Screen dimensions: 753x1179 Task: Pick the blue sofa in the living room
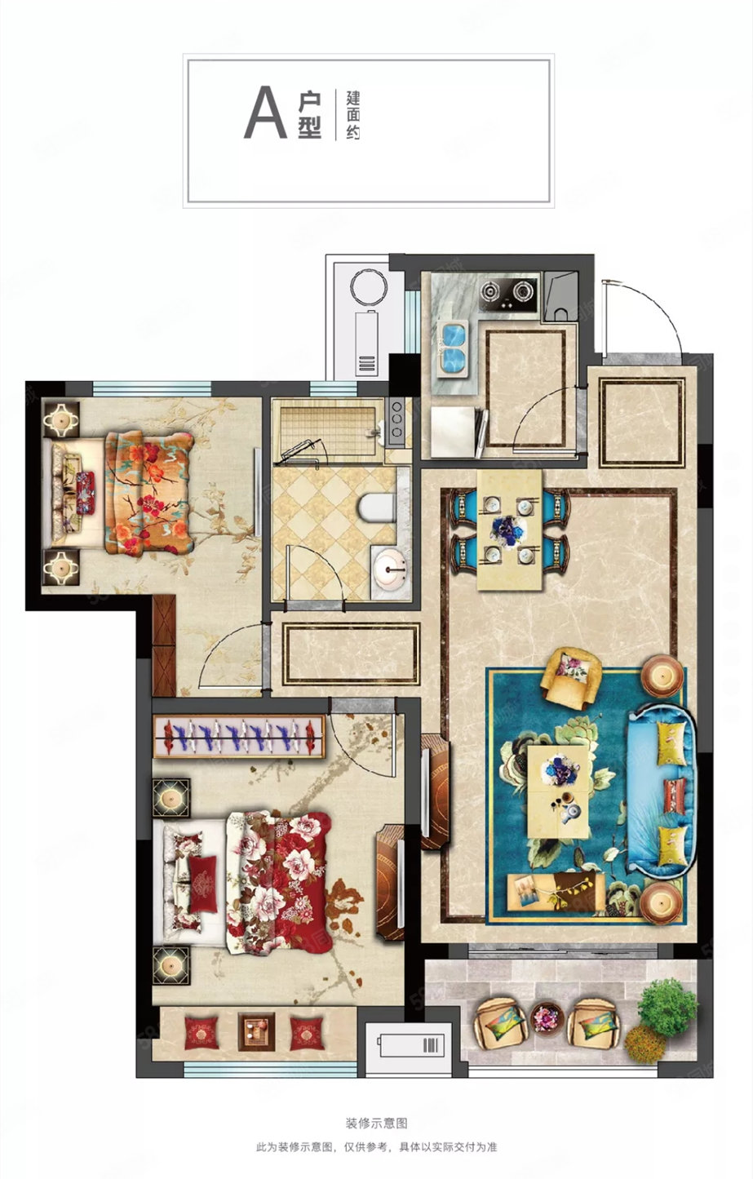662,790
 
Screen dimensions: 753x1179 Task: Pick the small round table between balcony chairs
547,1015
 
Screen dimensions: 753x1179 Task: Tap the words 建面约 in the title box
352,115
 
